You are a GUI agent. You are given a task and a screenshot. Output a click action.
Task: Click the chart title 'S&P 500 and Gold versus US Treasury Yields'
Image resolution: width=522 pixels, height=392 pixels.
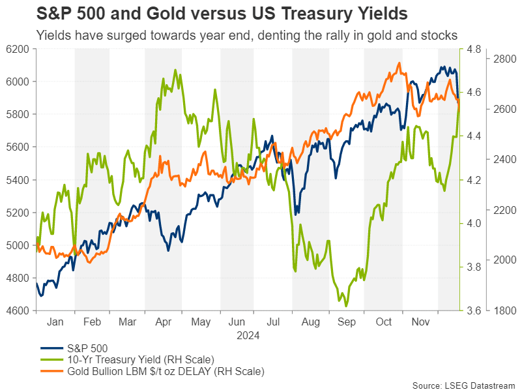click(x=222, y=14)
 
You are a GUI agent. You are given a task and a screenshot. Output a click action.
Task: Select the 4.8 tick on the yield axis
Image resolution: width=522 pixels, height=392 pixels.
click(x=474, y=49)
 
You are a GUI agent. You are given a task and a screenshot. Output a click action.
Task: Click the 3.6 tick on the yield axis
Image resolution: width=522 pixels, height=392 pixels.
click(x=474, y=310)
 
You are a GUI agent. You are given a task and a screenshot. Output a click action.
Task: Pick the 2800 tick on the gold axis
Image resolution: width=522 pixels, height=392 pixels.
click(x=504, y=59)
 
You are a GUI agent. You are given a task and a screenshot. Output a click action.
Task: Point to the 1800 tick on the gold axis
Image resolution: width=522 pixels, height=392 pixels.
click(x=504, y=310)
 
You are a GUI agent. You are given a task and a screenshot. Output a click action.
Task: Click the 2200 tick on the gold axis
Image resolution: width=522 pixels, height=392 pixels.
click(x=504, y=210)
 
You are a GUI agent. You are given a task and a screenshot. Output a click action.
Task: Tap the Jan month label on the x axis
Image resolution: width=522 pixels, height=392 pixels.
click(x=55, y=322)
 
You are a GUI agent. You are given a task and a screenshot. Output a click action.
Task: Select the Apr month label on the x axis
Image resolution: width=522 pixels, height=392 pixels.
click(x=163, y=322)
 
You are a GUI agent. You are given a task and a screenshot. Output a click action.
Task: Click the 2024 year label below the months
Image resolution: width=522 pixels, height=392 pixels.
click(x=247, y=336)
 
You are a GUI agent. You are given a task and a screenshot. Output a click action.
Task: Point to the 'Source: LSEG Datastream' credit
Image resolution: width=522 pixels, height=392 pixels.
click(x=463, y=385)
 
